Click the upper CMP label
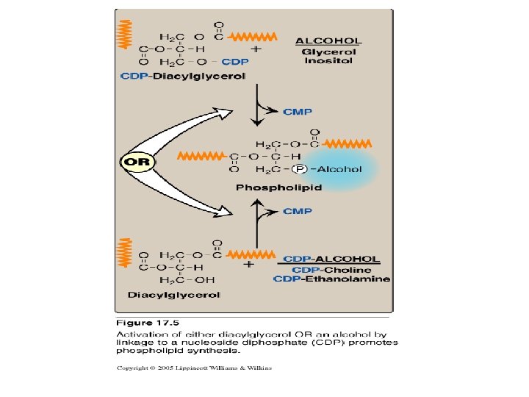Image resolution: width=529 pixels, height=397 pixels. (x=298, y=112)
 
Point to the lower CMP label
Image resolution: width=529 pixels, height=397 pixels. (x=298, y=211)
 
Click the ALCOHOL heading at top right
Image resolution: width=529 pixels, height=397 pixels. (x=328, y=40)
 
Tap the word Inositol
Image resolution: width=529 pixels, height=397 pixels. (x=328, y=60)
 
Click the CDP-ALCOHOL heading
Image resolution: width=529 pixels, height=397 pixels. (x=331, y=260)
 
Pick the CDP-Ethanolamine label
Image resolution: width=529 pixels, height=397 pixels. (x=331, y=279)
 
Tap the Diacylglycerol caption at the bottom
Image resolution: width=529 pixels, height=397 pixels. (x=174, y=295)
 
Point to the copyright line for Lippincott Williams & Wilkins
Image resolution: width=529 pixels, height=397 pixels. (x=193, y=368)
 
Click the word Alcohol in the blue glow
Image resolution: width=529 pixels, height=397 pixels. (x=339, y=168)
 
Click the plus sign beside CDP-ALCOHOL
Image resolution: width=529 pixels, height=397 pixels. (x=249, y=263)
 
